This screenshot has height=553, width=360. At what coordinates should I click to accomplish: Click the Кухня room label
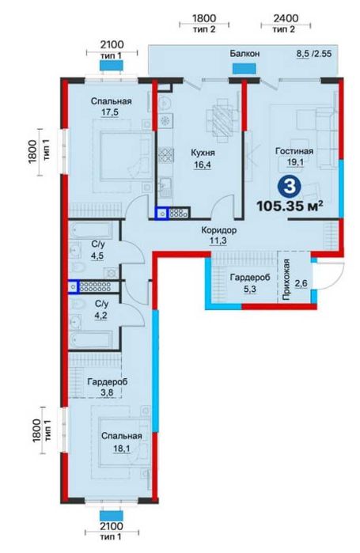[x=203, y=153]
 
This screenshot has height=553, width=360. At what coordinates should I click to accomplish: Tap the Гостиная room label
[x=294, y=151]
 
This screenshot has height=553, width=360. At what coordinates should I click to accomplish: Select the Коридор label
[x=219, y=230]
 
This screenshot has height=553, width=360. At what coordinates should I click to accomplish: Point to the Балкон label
[x=244, y=54]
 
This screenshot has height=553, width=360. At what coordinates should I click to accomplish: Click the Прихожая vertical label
[x=286, y=279]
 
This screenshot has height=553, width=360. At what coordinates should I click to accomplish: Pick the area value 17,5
[x=110, y=112]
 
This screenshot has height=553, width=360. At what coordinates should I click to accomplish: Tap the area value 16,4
[x=203, y=165]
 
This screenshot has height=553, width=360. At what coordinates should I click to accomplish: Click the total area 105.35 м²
[x=290, y=205]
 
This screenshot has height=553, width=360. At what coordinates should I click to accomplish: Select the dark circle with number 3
[x=290, y=186]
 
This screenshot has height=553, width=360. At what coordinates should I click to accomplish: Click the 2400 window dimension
[x=286, y=18]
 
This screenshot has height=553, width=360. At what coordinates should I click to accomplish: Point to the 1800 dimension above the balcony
[x=204, y=18]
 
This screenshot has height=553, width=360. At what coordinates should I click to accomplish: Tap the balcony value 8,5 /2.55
[x=314, y=54]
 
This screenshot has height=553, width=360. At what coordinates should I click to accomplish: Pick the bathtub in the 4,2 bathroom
[x=91, y=339]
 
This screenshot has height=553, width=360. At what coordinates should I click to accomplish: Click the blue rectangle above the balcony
[x=244, y=68]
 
